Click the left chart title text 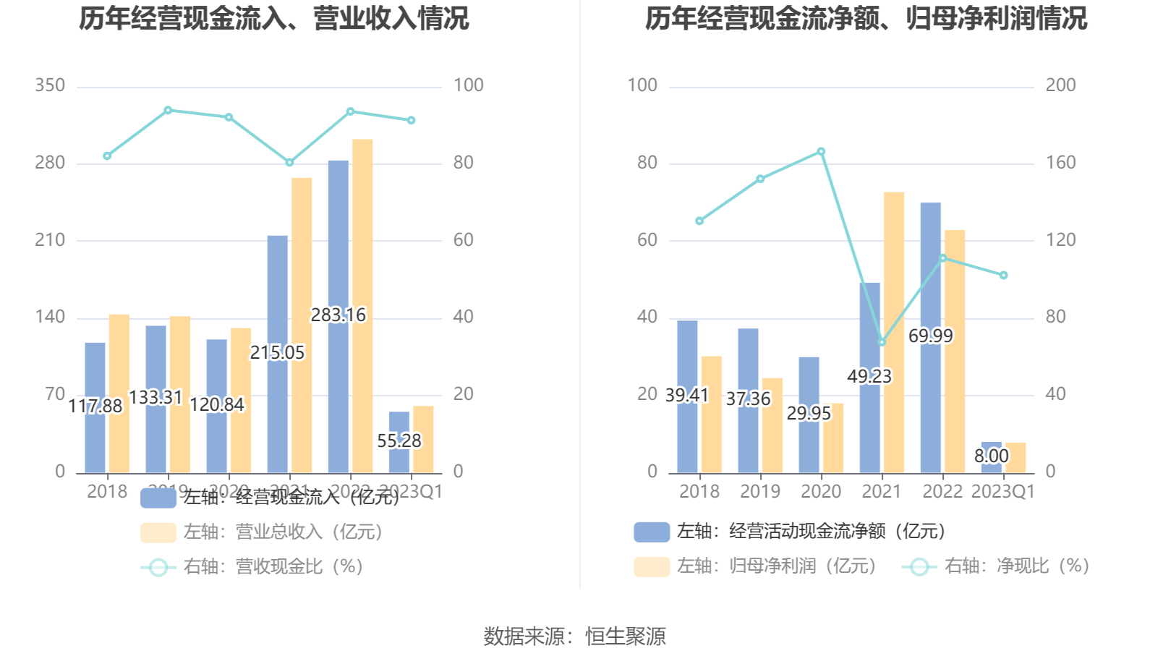(x=273, y=18)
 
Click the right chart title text (x=866, y=18)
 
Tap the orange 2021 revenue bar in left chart (x=302, y=325)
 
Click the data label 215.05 (x=277, y=353)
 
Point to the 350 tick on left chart (x=50, y=85)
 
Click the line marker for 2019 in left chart (x=168, y=111)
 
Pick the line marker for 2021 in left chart (x=289, y=163)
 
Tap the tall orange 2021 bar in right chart (x=894, y=289)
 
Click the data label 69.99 (x=930, y=336)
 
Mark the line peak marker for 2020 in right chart (x=821, y=152)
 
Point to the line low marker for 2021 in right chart (x=882, y=342)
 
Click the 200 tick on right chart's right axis (x=1060, y=85)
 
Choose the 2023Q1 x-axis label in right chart (x=1002, y=492)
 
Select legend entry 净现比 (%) (x=1016, y=566)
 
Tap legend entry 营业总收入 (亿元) (x=282, y=532)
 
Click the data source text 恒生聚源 (x=625, y=637)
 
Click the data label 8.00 (x=991, y=456)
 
